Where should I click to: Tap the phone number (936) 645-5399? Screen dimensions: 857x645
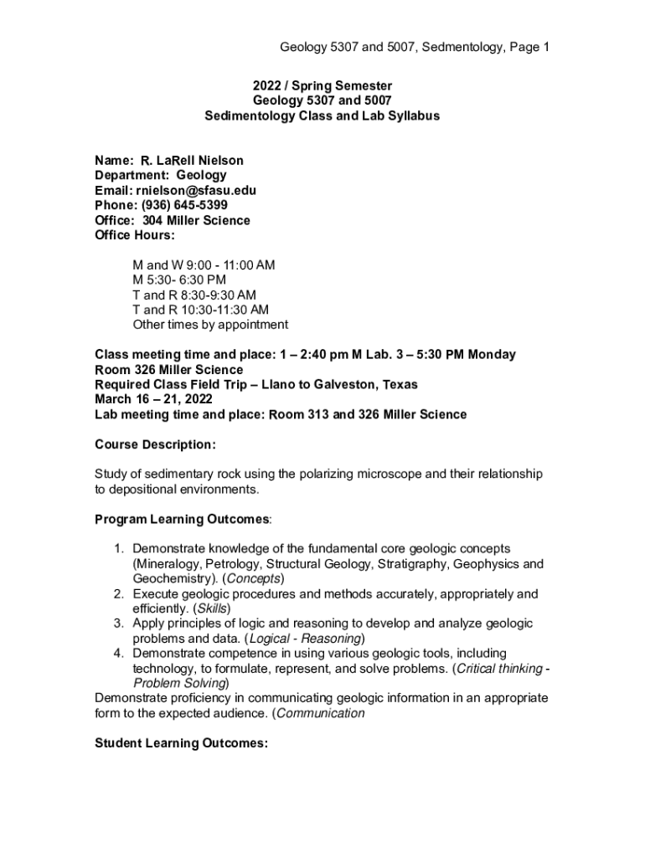click(x=183, y=206)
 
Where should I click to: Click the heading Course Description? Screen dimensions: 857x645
click(x=155, y=444)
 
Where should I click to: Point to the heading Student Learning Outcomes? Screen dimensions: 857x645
click(x=181, y=743)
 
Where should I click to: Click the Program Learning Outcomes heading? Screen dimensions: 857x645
click(x=182, y=520)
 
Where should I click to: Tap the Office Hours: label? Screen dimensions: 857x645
click(x=135, y=236)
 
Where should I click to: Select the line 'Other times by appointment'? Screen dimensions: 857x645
click(x=210, y=325)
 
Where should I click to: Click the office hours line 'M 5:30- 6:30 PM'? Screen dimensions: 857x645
click(x=179, y=280)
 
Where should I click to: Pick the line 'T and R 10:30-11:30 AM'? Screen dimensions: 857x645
click(x=200, y=310)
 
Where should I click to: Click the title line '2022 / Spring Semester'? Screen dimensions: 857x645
click(x=322, y=86)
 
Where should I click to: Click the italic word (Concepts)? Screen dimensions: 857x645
click(x=254, y=579)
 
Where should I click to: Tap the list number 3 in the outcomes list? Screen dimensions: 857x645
click(x=118, y=624)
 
